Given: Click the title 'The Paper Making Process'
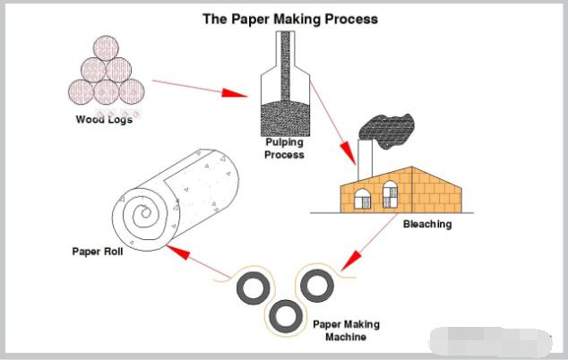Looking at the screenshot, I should point(289,19).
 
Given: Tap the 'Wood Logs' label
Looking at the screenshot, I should point(104,119).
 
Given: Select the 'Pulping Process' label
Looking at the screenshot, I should point(284,148).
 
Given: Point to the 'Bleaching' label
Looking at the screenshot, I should point(426,224).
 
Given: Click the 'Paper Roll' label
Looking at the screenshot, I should point(96,251).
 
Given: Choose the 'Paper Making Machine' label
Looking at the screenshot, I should point(346,330).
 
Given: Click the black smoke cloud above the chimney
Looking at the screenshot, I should point(387,133).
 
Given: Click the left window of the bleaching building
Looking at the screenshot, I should point(361,195).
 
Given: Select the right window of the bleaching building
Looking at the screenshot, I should point(390,193).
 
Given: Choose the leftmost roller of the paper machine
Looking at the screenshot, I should point(250,288).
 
